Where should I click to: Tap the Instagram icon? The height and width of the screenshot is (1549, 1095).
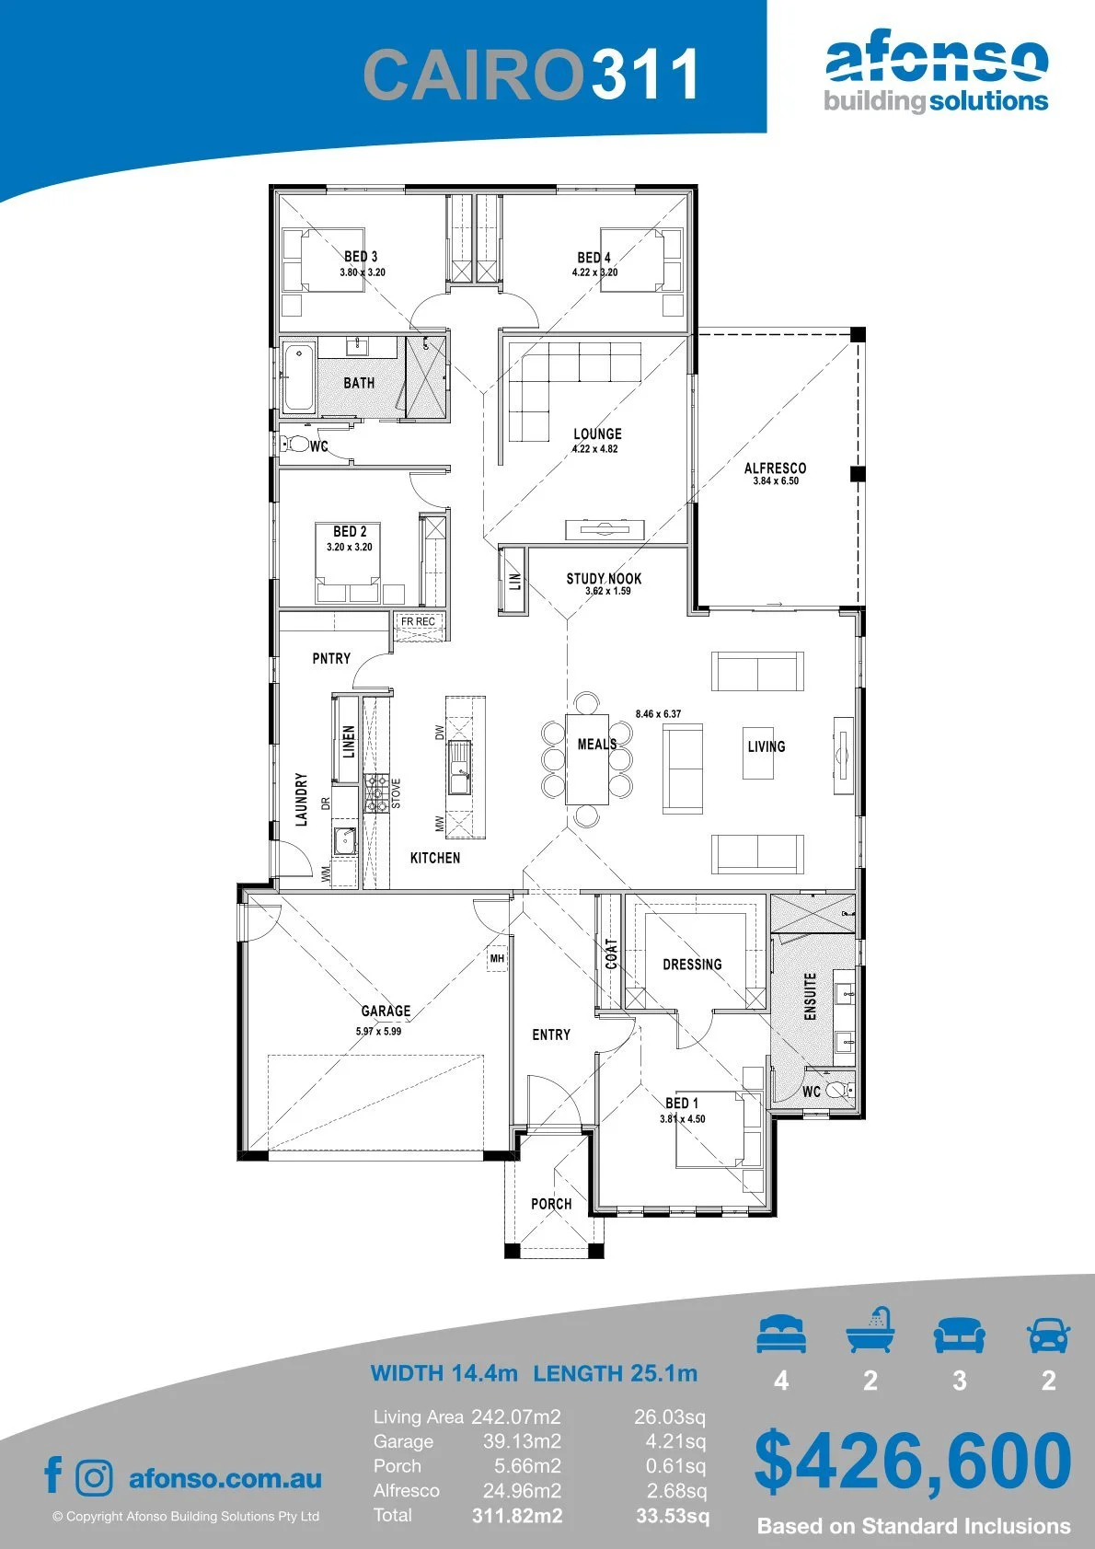coord(94,1477)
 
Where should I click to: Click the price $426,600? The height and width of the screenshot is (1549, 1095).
coord(913,1462)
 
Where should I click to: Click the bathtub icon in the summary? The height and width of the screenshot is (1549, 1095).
coord(870,1331)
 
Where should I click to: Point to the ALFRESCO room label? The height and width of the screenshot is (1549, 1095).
coord(775,468)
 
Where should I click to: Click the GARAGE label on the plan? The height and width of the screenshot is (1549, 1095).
coord(386,1011)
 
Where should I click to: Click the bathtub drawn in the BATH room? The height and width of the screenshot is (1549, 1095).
coord(299,378)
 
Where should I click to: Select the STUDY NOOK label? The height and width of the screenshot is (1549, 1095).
coord(604,578)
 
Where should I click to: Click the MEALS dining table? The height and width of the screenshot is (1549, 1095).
coord(588,758)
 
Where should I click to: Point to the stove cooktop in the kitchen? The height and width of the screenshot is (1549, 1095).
coord(376,792)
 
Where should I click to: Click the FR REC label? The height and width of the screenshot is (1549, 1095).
coord(419,621)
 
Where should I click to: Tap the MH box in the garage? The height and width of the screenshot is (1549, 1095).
coord(497,958)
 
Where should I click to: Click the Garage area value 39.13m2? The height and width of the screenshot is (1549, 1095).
coord(522,1442)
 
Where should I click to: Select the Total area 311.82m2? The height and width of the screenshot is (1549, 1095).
coord(517,1517)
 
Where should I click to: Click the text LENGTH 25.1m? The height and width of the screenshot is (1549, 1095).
coord(616,1372)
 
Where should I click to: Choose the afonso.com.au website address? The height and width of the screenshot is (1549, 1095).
coord(225,1478)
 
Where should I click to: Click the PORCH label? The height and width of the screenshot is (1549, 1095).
coord(551,1204)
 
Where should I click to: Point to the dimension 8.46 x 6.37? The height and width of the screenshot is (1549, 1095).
coord(658,713)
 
